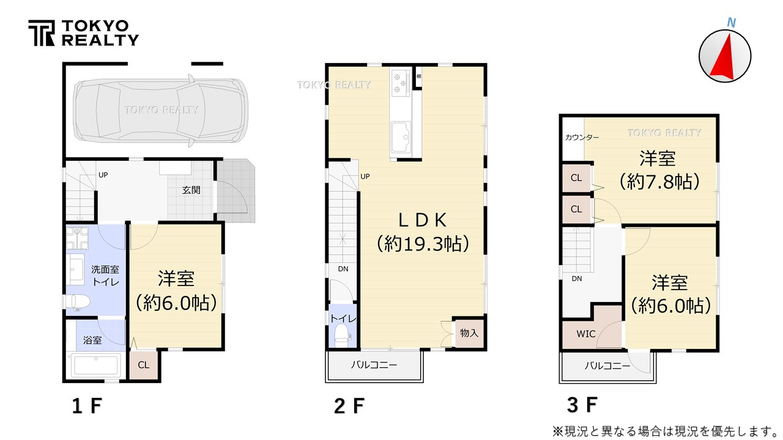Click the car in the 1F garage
pyautogui.click(x=160, y=110)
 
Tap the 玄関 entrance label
pyautogui.click(x=191, y=190)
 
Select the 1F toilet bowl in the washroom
pyautogui.click(x=78, y=301)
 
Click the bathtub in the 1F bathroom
pyautogui.click(x=95, y=365)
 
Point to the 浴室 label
pyautogui.click(x=92, y=340)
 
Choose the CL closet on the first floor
pyautogui.click(x=144, y=365)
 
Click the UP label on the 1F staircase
pyautogui.click(x=103, y=175)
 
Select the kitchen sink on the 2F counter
pyautogui.click(x=401, y=137)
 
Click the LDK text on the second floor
pyautogui.click(x=423, y=221)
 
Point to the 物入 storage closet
pyautogui.click(x=469, y=333)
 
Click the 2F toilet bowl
pyautogui.click(x=341, y=334)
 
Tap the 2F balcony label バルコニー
pyautogui.click(x=374, y=365)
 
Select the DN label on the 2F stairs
pyautogui.click(x=343, y=269)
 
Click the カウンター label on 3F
pyautogui.click(x=582, y=137)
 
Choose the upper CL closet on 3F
pyautogui.click(x=576, y=178)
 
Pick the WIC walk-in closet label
pyautogui.click(x=586, y=334)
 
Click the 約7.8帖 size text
pyautogui.click(x=659, y=182)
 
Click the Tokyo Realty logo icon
pyautogui.click(x=42, y=33)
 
